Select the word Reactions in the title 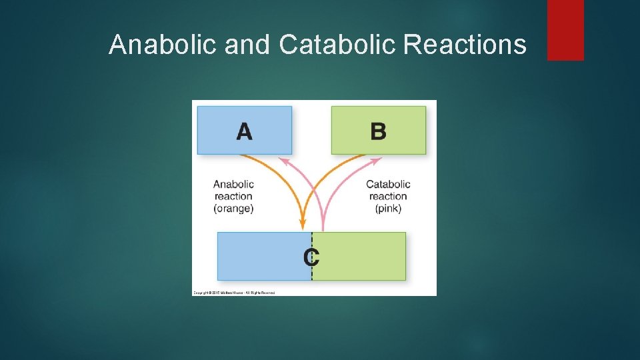(465, 45)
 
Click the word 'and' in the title (247, 45)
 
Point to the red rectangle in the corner (565, 30)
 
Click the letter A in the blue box (244, 131)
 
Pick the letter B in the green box (378, 131)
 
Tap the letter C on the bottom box (311, 256)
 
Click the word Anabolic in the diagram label (233, 184)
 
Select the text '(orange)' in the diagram (233, 208)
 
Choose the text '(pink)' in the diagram (388, 208)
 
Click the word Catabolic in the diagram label (388, 184)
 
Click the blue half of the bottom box (263, 256)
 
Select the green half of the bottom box (360, 256)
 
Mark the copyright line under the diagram (234, 292)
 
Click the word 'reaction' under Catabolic (388, 196)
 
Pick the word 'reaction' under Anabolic (233, 196)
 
